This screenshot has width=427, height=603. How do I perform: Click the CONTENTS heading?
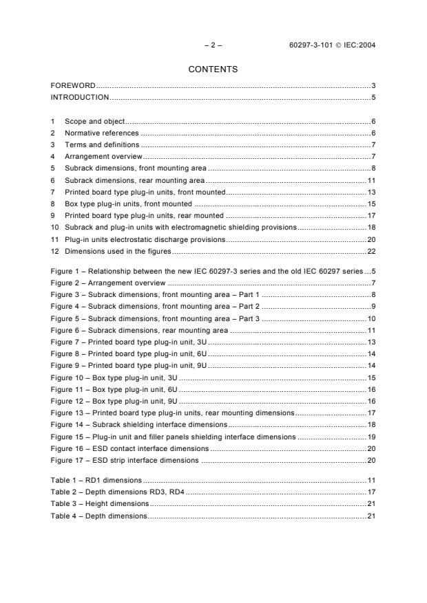pyautogui.click(x=213, y=69)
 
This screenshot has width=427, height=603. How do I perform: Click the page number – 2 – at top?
pyautogui.click(x=213, y=45)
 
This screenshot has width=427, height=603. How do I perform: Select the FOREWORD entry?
pyautogui.click(x=73, y=86)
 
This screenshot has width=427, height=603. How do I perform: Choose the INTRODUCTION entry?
pyautogui.click(x=80, y=97)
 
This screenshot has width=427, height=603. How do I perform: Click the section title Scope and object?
pyautogui.click(x=94, y=122)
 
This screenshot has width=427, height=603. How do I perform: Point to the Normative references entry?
pyautogui.click(x=101, y=133)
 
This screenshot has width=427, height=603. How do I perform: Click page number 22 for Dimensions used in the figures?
pyautogui.click(x=371, y=252)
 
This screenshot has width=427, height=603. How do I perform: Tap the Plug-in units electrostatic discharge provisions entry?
pyautogui.click(x=145, y=240)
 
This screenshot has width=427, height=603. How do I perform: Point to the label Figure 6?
pyautogui.click(x=67, y=331)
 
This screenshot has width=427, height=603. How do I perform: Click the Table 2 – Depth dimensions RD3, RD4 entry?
pyautogui.click(x=118, y=492)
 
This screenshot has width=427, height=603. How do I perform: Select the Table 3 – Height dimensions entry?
pyautogui.click(x=99, y=504)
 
